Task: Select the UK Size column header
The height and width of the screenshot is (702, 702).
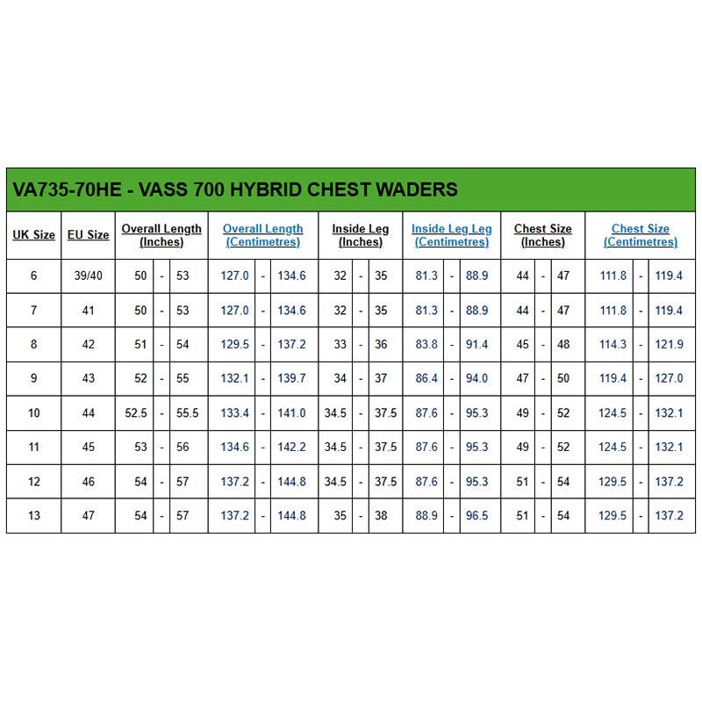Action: click(33, 235)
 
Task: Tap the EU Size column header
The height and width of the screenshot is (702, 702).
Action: click(88, 235)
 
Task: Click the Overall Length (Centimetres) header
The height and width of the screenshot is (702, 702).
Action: click(262, 235)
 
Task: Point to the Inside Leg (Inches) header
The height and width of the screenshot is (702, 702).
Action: click(360, 235)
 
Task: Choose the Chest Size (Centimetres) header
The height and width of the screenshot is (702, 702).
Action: click(640, 235)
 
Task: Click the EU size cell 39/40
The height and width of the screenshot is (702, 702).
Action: click(88, 276)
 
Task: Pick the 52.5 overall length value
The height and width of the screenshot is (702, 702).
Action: click(136, 413)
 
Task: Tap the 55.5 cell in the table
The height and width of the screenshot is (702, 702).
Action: click(183, 413)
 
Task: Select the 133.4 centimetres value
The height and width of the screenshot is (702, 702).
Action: click(234, 413)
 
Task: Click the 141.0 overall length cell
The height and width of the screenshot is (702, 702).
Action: click(291, 413)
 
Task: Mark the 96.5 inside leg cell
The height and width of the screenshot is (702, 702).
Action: click(476, 516)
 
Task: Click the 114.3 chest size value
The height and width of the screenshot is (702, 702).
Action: click(612, 345)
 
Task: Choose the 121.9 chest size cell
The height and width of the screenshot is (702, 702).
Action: click(669, 345)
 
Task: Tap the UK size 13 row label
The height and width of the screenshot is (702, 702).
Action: click(33, 516)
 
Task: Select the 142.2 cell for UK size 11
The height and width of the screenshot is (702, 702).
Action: click(291, 448)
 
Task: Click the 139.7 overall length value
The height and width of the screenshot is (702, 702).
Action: click(291, 379)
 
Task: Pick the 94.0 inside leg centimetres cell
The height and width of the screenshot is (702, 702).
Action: click(476, 379)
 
